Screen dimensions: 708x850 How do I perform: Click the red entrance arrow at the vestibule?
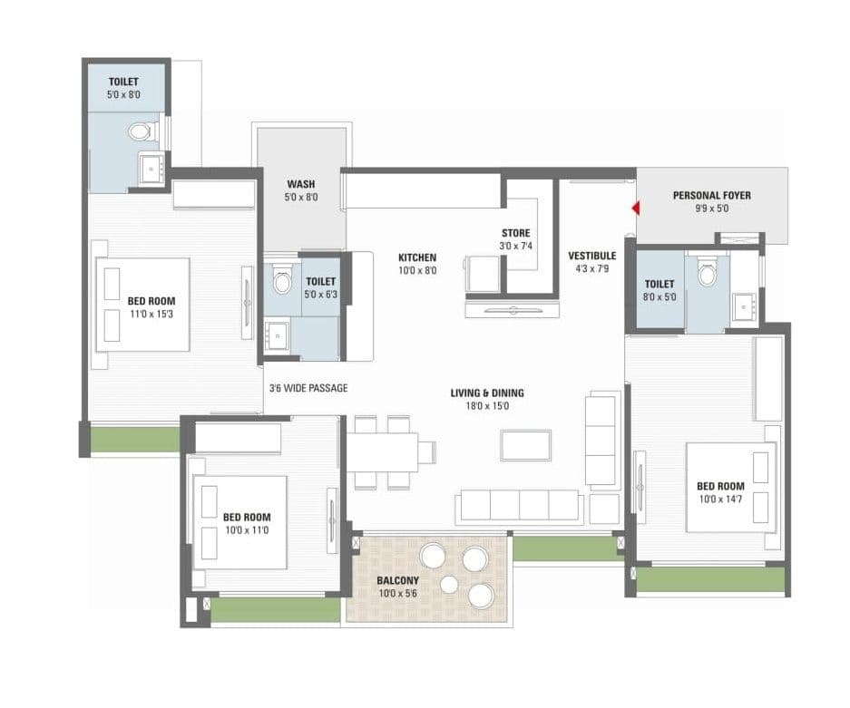coord(637,209)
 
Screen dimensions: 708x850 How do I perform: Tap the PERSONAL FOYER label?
coord(711,195)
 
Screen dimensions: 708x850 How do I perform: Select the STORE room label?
coord(515,233)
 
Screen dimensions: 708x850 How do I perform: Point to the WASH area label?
coord(301,184)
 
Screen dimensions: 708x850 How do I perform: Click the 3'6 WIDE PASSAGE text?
coord(308,388)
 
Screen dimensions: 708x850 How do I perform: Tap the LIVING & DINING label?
coord(487,393)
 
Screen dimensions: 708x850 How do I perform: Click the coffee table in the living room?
coord(525,445)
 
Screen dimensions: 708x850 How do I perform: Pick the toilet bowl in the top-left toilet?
coord(141,132)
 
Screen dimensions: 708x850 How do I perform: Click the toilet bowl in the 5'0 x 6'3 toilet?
coord(282,282)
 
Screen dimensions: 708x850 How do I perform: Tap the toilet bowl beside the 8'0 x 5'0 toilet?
coord(708,269)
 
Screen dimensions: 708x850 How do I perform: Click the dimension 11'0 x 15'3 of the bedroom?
coord(151,314)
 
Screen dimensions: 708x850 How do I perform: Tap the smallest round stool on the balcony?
coord(449,585)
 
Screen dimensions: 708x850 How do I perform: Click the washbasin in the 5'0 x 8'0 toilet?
coord(151,167)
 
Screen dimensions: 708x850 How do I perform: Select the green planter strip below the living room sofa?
coord(563,548)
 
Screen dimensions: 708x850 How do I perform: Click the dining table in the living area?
coord(382,451)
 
